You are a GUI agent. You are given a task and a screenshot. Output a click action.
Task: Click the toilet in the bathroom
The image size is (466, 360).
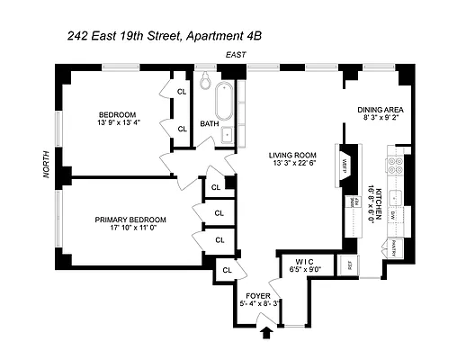(x=205, y=84)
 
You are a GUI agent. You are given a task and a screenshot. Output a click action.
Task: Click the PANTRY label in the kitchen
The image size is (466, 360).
(x=392, y=246)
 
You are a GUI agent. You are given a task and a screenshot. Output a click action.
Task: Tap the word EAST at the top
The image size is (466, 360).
(x=237, y=56)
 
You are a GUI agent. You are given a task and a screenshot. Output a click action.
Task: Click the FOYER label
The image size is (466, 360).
(x=258, y=295)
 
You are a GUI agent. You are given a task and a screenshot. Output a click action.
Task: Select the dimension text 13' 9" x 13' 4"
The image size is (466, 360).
(x=118, y=123)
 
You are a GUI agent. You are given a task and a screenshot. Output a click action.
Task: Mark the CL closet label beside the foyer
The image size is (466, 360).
(x=227, y=269)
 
